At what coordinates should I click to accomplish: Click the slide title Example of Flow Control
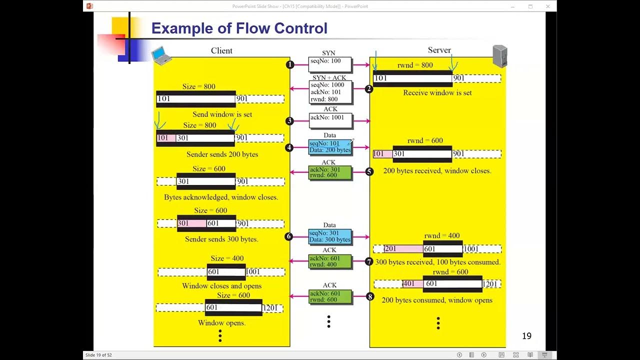click(x=239, y=28)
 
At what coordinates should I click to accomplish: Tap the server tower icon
click(x=499, y=56)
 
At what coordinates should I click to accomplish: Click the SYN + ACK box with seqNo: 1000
click(x=330, y=92)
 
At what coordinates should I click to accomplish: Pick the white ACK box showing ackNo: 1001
click(x=330, y=120)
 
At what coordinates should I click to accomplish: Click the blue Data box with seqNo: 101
click(x=330, y=147)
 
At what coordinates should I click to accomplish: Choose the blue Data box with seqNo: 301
click(x=330, y=236)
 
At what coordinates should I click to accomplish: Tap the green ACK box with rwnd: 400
click(x=330, y=261)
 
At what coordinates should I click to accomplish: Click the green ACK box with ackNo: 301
click(x=330, y=172)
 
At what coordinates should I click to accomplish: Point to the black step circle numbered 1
click(x=290, y=64)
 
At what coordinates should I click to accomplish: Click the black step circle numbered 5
click(x=369, y=172)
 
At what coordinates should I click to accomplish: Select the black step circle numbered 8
click(x=370, y=296)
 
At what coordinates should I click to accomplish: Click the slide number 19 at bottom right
click(x=526, y=336)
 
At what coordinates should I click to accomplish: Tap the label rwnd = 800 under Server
click(x=415, y=65)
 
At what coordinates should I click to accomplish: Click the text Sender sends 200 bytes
click(x=222, y=154)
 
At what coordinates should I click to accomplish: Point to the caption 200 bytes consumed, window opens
click(x=437, y=300)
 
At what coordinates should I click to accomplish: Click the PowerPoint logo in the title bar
click(x=89, y=6)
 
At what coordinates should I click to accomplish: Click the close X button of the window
click(x=548, y=6)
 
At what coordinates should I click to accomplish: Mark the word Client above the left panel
click(x=221, y=50)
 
